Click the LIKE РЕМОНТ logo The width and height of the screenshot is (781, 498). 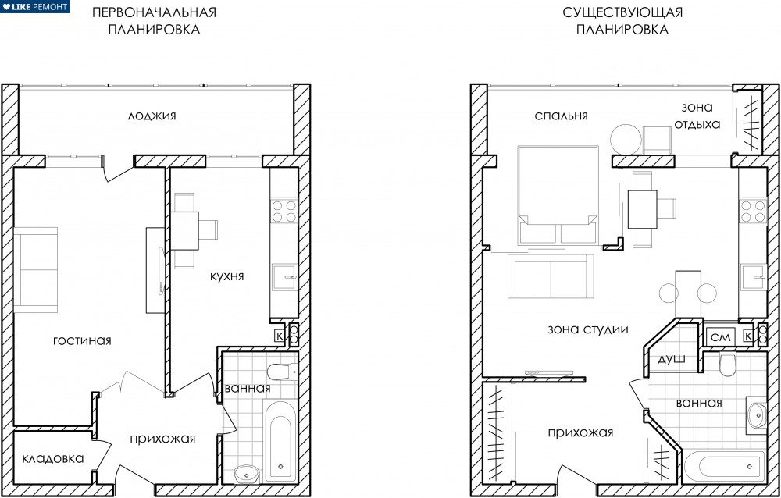coord(35,6)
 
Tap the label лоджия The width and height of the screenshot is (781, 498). coord(152,116)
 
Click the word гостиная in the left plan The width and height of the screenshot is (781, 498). coord(82,340)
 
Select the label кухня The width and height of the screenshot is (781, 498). coord(226,276)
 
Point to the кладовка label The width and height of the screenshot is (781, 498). coord(53,459)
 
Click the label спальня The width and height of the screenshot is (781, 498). coord(561,116)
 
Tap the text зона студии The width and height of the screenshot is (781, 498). coord(588,329)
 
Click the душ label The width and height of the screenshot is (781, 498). coord(672,360)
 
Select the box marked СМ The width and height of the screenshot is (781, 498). coord(720,337)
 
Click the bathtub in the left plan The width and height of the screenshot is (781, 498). coord(279,441)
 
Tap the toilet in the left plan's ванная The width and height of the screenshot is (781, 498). coord(281,372)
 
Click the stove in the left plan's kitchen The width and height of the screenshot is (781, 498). coord(284,211)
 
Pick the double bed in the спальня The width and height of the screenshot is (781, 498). coord(558,194)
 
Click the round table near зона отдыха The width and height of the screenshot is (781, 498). coord(626,139)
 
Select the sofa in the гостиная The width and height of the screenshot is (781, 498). coord(36,269)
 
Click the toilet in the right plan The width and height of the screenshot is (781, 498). coord(726,365)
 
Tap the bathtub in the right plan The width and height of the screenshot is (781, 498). coord(724,466)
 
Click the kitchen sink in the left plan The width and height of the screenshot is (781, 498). coord(285,277)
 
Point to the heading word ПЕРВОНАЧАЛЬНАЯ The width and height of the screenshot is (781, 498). coord(155,12)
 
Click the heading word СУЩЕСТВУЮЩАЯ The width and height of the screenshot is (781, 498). coord(622,12)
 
